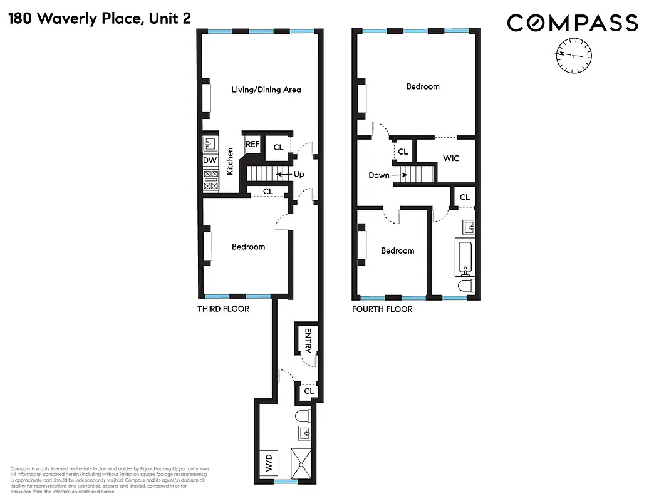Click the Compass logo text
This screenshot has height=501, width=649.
[x=572, y=23]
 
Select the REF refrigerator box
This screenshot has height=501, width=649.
[x=252, y=145]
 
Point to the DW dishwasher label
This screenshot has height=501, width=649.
[x=209, y=160]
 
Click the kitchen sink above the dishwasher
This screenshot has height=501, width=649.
[x=210, y=145]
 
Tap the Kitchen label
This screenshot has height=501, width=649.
[x=231, y=161]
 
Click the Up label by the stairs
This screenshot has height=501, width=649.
[x=299, y=174]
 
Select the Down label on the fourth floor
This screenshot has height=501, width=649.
[x=378, y=175]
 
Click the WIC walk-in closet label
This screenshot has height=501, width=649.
[x=451, y=158]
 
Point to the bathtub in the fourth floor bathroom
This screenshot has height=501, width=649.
[x=465, y=257]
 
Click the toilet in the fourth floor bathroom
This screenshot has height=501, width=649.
[x=466, y=286]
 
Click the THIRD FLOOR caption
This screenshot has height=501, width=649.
[x=223, y=309]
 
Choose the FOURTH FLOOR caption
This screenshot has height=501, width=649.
[x=382, y=309]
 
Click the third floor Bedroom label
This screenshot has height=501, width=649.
[x=248, y=247]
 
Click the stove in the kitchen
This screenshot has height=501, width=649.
[x=210, y=180]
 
